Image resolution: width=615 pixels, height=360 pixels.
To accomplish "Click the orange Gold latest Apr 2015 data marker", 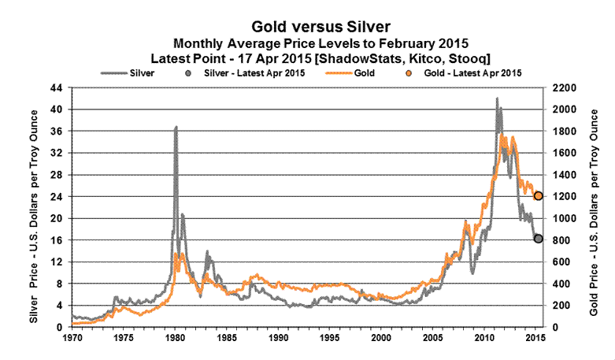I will click(x=539, y=195).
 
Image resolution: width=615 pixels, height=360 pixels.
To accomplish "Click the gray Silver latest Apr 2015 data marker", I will click(x=539, y=239).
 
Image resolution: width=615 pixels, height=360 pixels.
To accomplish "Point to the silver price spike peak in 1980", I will click(x=176, y=127).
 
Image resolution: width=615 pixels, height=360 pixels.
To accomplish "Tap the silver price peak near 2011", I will click(x=496, y=99).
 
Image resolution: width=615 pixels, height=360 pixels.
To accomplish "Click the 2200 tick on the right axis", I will click(x=564, y=87).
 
